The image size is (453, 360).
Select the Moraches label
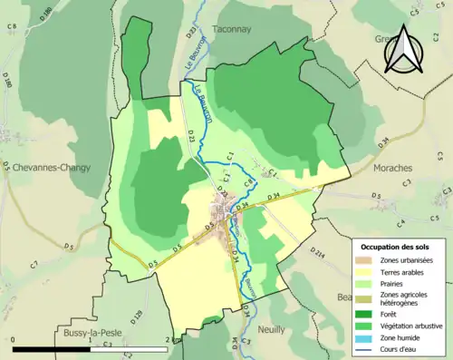(390, 169)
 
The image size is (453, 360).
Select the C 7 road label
(34, 265)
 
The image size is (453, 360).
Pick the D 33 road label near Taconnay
(191, 32)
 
